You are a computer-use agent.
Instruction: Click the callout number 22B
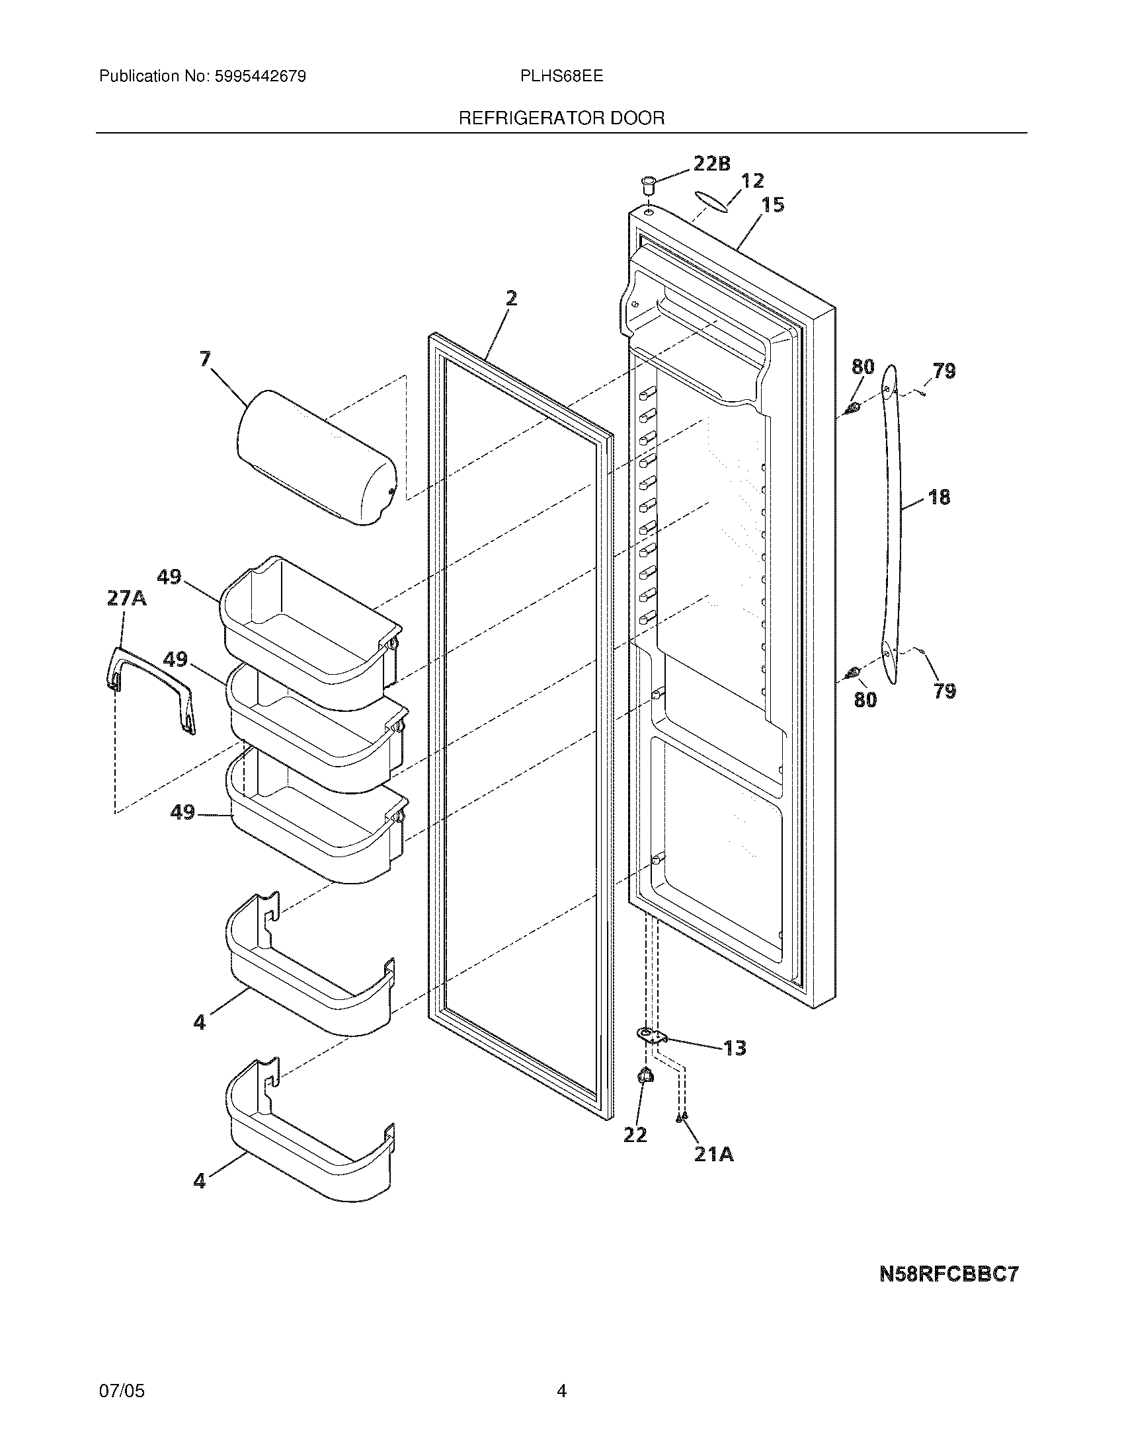click(711, 163)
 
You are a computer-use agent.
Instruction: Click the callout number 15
click(772, 204)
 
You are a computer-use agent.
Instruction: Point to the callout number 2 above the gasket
click(510, 298)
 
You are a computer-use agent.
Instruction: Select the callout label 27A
click(126, 598)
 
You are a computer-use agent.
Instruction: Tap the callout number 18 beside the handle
click(939, 496)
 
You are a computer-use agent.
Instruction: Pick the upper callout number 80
click(862, 366)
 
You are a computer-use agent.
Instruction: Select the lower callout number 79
click(945, 691)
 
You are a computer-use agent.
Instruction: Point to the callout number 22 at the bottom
click(635, 1134)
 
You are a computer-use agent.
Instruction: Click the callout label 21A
click(714, 1154)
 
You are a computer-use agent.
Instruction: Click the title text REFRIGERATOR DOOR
click(561, 118)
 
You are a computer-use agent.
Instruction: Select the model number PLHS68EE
click(561, 77)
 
